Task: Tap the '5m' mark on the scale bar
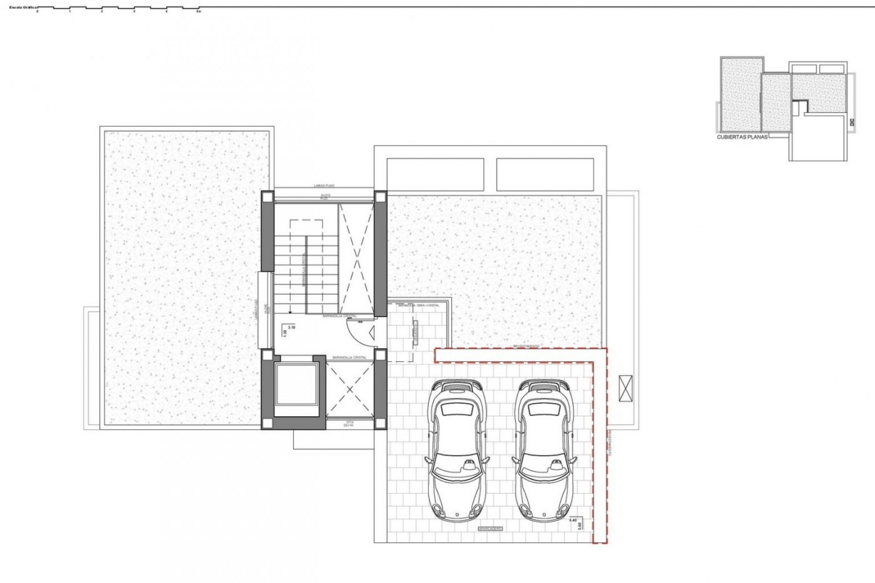198,12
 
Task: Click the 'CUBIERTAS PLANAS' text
742,136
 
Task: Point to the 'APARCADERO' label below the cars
490,529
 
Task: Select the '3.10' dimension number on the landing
292,327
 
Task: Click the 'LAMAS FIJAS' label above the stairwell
324,186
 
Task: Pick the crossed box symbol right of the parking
626,389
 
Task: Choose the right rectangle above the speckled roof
545,174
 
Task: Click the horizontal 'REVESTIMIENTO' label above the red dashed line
526,346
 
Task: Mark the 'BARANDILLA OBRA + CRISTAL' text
418,305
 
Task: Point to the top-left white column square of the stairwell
267,197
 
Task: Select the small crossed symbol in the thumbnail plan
852,122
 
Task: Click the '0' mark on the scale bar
38,12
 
